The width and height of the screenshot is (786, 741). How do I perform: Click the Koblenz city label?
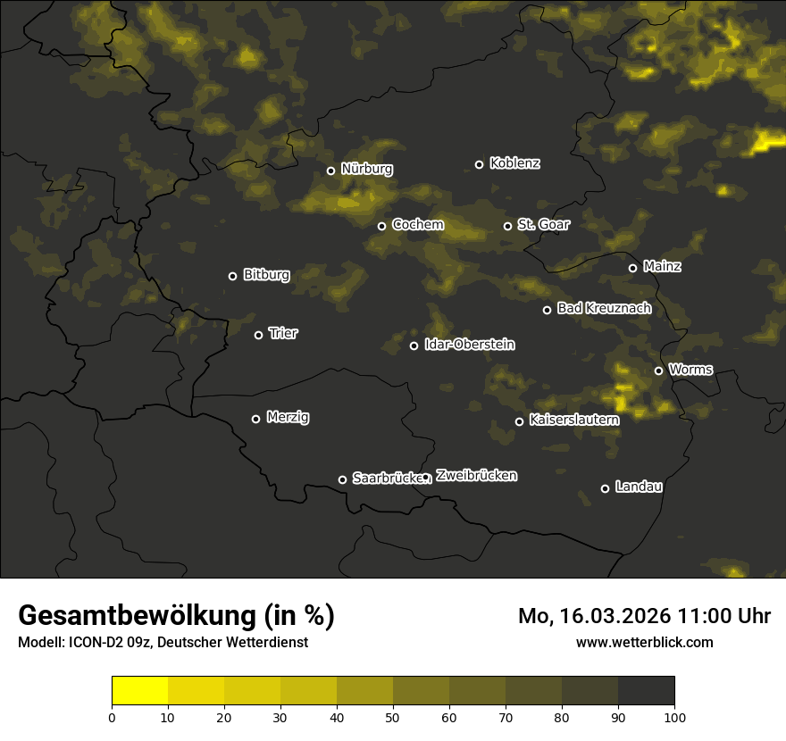[x=514, y=163]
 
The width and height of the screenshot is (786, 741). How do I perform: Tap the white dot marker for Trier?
[x=259, y=335]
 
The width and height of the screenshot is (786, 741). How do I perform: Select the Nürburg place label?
[x=366, y=170]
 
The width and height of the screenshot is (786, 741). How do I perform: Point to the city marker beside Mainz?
[x=632, y=268]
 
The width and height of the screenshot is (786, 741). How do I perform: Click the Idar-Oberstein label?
[x=470, y=345]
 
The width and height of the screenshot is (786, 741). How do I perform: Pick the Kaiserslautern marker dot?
[x=519, y=421]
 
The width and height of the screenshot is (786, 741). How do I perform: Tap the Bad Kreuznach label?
[x=604, y=308]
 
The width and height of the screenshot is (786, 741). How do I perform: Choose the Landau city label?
[x=639, y=487]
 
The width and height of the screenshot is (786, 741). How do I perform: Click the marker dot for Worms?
[x=658, y=370]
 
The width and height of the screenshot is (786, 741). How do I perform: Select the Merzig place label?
[x=288, y=417]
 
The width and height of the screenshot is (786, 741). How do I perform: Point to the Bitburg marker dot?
[x=232, y=276]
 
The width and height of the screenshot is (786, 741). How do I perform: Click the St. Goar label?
[x=543, y=224]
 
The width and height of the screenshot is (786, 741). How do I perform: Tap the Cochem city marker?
[x=381, y=226]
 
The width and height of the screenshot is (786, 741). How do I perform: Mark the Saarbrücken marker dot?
[x=342, y=479]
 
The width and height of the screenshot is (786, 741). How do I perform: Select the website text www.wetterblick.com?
[x=644, y=642]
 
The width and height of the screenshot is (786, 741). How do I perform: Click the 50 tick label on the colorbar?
[x=393, y=716]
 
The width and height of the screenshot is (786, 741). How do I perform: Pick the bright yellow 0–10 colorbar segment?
[x=140, y=691]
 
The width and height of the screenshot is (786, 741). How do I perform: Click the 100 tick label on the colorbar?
[x=674, y=716]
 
